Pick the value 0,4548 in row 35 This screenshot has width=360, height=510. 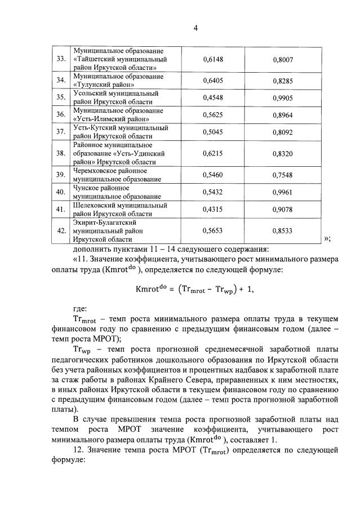[x=213, y=97]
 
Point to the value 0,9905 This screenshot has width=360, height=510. [x=283, y=97]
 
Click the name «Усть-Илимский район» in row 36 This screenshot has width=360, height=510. [x=112, y=119]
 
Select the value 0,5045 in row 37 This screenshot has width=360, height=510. [x=213, y=132]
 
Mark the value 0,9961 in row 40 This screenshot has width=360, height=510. [x=283, y=193]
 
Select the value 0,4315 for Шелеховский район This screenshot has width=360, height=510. [x=213, y=210]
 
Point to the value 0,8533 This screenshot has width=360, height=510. [x=283, y=231]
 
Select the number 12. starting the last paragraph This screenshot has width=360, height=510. [x=79, y=450]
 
